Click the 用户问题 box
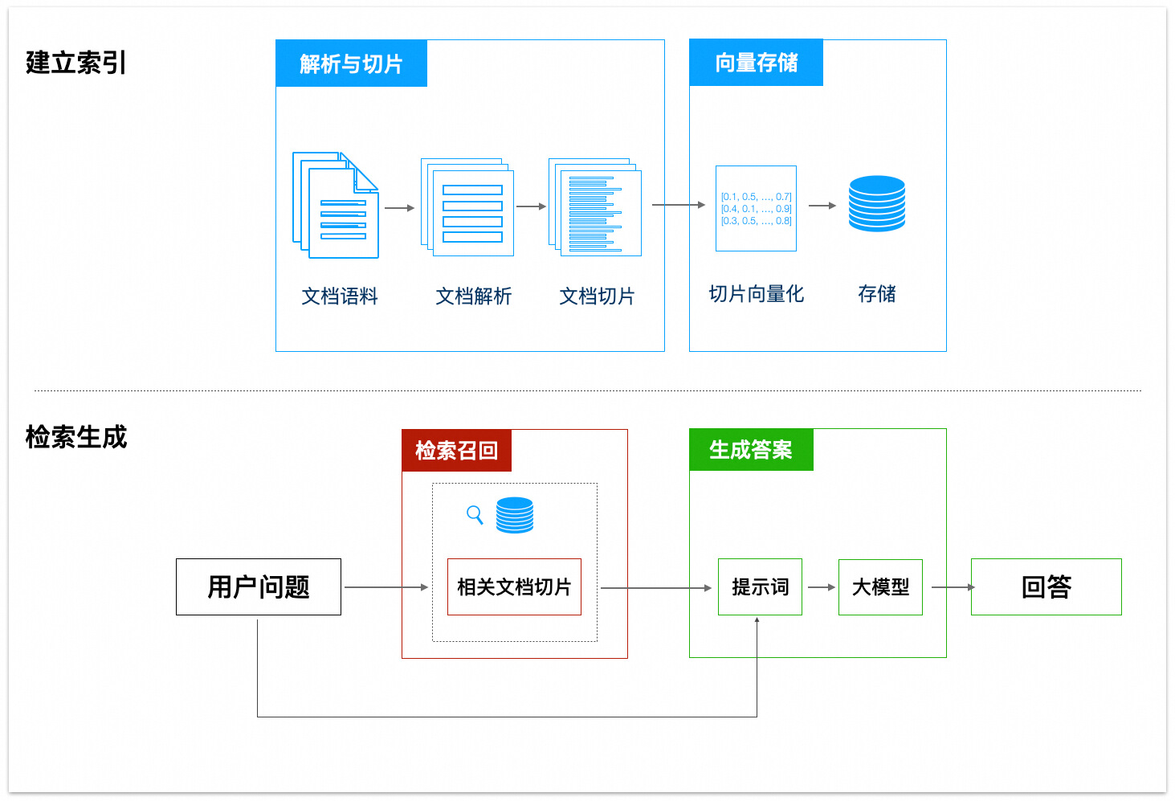point(259,587)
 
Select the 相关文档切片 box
point(514,587)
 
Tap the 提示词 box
point(760,587)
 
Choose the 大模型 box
point(880,587)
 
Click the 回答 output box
point(1046,587)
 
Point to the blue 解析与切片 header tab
point(351,63)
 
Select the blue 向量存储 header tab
point(756,63)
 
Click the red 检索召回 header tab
point(456,451)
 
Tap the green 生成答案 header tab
point(751,450)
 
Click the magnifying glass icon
point(475,514)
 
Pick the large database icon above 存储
point(877,203)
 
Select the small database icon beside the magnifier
point(515,515)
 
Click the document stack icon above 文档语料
point(336,206)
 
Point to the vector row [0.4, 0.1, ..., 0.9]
point(756,209)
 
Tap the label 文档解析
point(473,296)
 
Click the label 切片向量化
point(756,294)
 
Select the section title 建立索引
point(75,63)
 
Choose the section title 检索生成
point(75,437)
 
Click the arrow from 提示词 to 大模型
point(821,587)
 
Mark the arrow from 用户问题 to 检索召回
point(386,587)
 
